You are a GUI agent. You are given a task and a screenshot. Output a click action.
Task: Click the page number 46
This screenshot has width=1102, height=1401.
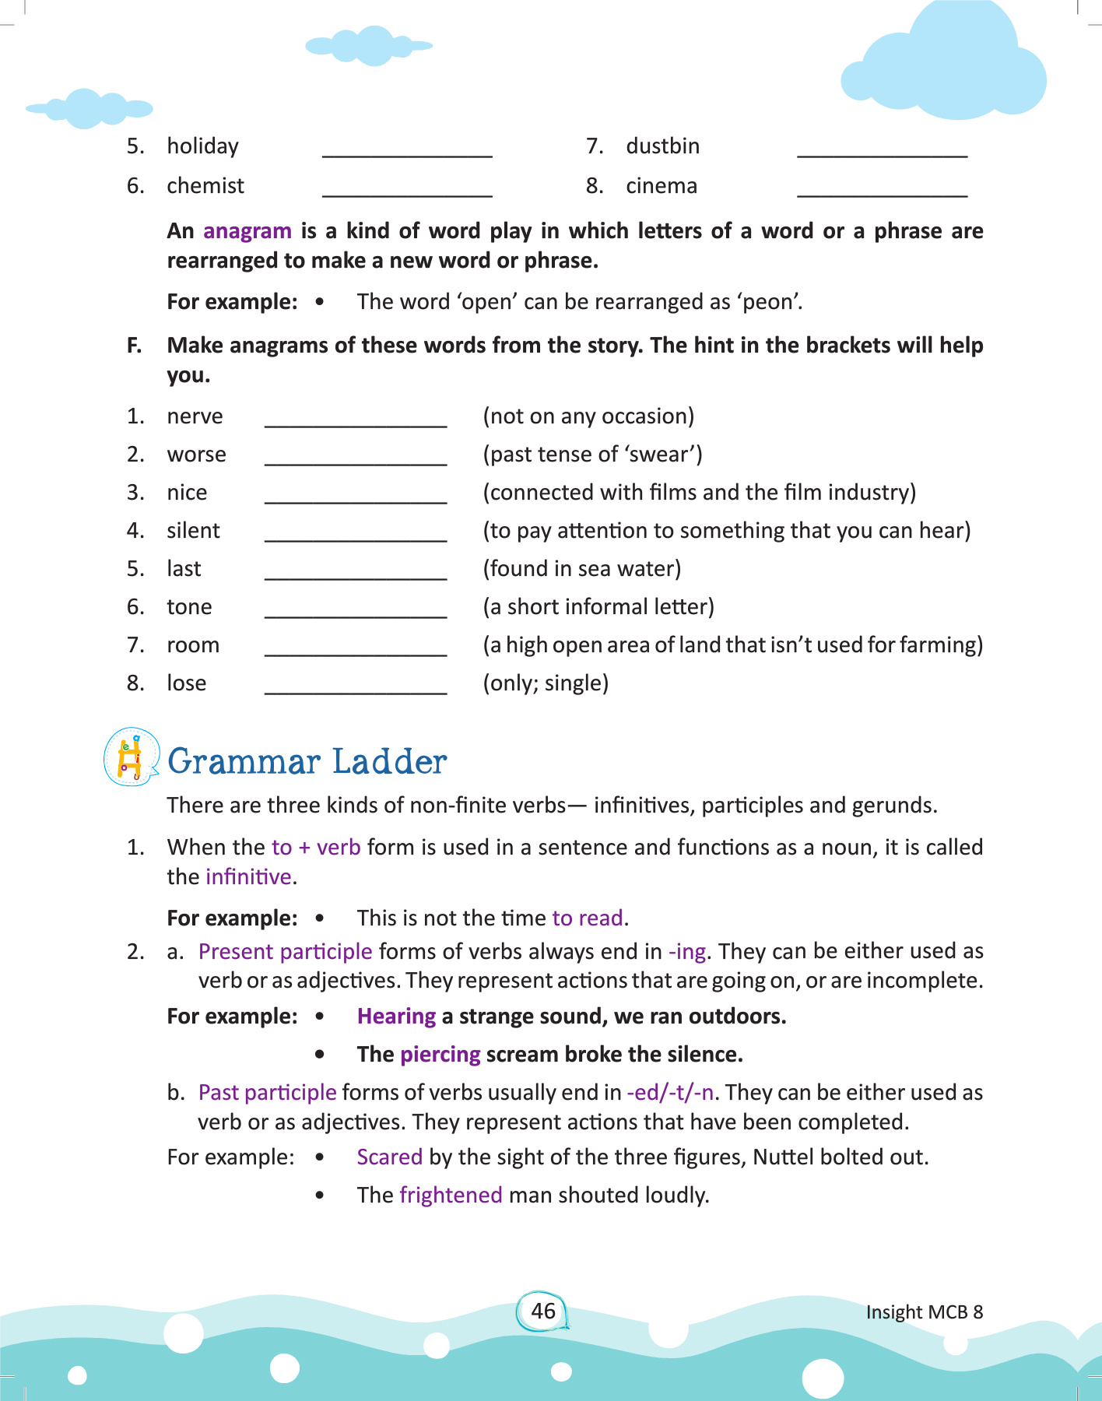pyautogui.click(x=542, y=1311)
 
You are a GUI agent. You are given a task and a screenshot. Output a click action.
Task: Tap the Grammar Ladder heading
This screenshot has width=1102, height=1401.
pyautogui.click(x=307, y=761)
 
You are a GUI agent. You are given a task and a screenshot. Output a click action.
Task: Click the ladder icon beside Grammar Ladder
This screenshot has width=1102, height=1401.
pyautogui.click(x=131, y=757)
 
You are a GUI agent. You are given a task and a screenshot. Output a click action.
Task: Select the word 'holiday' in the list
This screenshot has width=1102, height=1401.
pyautogui.click(x=202, y=146)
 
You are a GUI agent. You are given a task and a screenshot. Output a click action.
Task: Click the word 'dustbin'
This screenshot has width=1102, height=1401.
pyautogui.click(x=662, y=146)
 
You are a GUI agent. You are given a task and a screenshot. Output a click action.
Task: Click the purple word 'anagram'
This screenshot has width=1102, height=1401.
pyautogui.click(x=247, y=231)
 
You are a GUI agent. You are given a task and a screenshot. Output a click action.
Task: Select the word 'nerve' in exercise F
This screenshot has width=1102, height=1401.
pyautogui.click(x=195, y=416)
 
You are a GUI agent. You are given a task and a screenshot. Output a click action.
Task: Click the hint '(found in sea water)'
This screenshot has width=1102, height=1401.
pyautogui.click(x=582, y=569)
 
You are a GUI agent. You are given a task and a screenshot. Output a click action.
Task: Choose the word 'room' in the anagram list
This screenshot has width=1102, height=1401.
pyautogui.click(x=193, y=645)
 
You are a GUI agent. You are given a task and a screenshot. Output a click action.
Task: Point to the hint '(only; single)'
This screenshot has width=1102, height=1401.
pyautogui.click(x=546, y=683)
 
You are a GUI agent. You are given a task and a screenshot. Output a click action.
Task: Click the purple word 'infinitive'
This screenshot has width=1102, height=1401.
pyautogui.click(x=248, y=877)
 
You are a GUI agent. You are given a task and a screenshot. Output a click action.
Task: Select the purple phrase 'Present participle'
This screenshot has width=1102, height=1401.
pyautogui.click(x=285, y=952)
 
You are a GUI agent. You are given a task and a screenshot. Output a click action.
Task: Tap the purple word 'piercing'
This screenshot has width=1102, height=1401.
pyautogui.click(x=440, y=1055)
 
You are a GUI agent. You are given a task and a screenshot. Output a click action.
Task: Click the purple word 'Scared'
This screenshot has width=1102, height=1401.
pyautogui.click(x=389, y=1157)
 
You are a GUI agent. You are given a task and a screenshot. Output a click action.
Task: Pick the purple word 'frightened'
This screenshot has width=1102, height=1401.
pyautogui.click(x=451, y=1196)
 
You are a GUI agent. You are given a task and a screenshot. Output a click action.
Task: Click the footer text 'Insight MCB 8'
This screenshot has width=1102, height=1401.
pyautogui.click(x=925, y=1312)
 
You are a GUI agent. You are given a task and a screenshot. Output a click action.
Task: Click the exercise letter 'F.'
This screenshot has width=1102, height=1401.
pyautogui.click(x=135, y=346)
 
